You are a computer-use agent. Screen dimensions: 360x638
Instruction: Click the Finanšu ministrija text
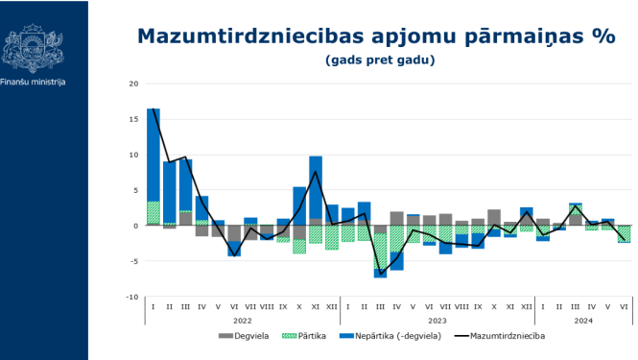pyautogui.click(x=34, y=83)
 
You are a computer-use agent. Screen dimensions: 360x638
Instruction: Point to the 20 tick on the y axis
pyautogui.click(x=134, y=84)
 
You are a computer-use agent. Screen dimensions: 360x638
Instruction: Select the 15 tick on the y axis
pyautogui.click(x=134, y=119)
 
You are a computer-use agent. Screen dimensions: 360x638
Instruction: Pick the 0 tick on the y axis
pyautogui.click(x=136, y=226)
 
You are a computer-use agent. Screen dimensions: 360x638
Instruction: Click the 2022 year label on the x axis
pyautogui.click(x=244, y=319)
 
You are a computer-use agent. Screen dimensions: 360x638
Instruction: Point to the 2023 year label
pyautogui.click(x=437, y=319)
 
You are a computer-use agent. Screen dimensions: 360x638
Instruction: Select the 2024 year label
pyautogui.click(x=582, y=319)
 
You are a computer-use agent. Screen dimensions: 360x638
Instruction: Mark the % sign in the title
pyautogui.click(x=603, y=36)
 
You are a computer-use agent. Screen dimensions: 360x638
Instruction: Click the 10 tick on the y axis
pyautogui.click(x=134, y=155)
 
